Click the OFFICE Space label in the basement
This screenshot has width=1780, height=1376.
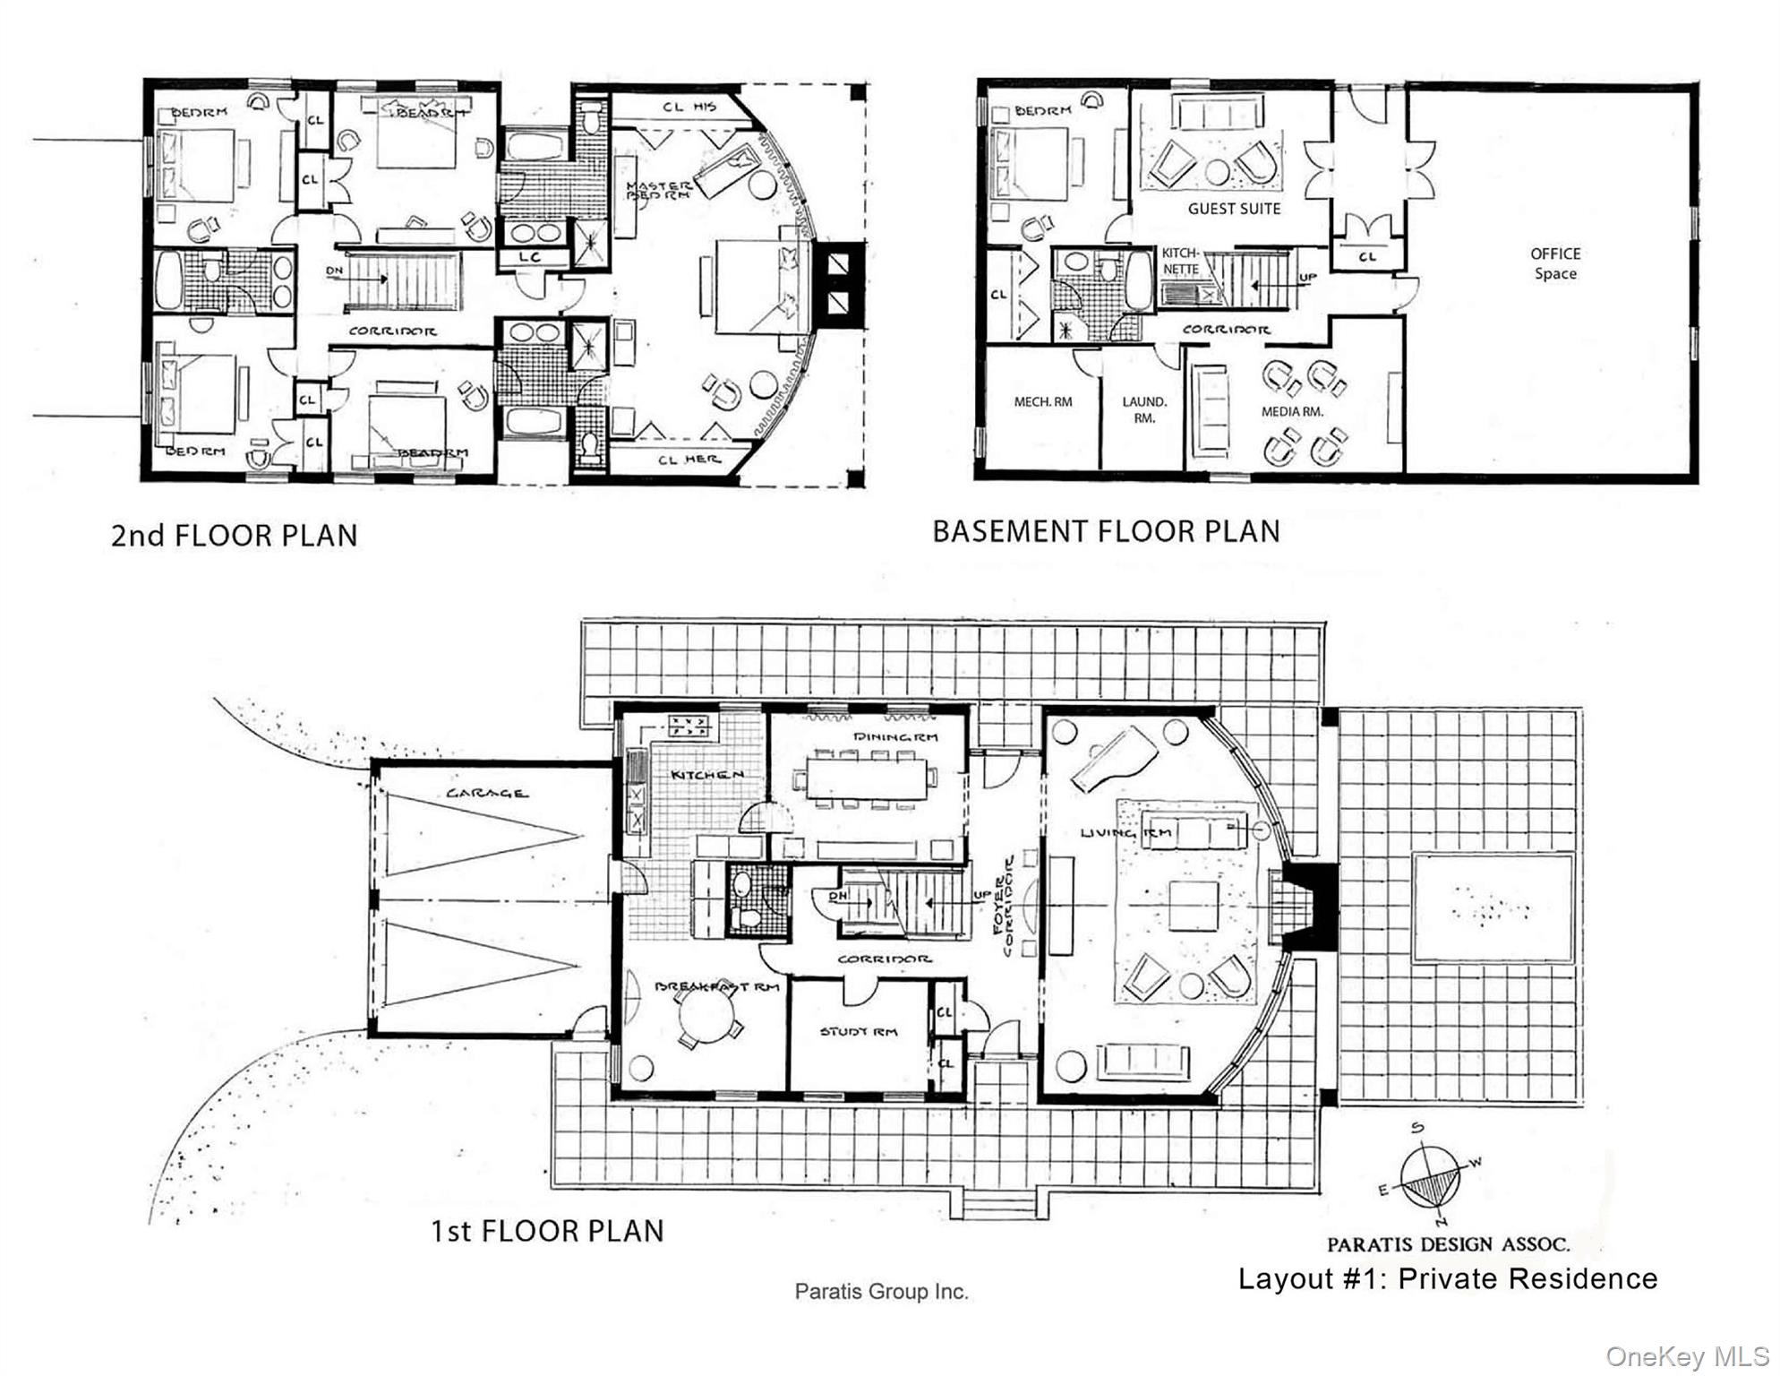pyautogui.click(x=1555, y=263)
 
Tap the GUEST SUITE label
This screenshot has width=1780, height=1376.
pyautogui.click(x=1234, y=209)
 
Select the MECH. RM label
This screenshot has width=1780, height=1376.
pyautogui.click(x=1042, y=401)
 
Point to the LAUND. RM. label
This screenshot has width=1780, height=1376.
pyautogui.click(x=1144, y=409)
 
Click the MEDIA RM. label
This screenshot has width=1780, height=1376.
pyautogui.click(x=1292, y=411)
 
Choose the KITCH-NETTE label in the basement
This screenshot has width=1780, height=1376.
pyautogui.click(x=1180, y=261)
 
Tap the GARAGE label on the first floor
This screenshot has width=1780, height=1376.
pyautogui.click(x=486, y=793)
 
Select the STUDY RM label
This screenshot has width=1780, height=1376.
pyautogui.click(x=858, y=1031)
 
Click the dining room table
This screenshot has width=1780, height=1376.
pyautogui.click(x=867, y=778)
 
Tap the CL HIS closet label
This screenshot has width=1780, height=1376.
pyautogui.click(x=689, y=107)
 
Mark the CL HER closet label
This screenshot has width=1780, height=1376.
pyautogui.click(x=689, y=460)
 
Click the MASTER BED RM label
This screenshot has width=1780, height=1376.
pyautogui.click(x=658, y=190)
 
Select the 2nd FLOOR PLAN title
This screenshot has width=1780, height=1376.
pyautogui.click(x=234, y=536)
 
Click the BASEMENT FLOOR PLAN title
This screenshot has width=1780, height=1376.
pyautogui.click(x=1106, y=531)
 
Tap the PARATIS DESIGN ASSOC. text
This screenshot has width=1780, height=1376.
pyautogui.click(x=1448, y=1244)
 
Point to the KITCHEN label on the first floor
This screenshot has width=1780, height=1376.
pyautogui.click(x=706, y=774)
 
